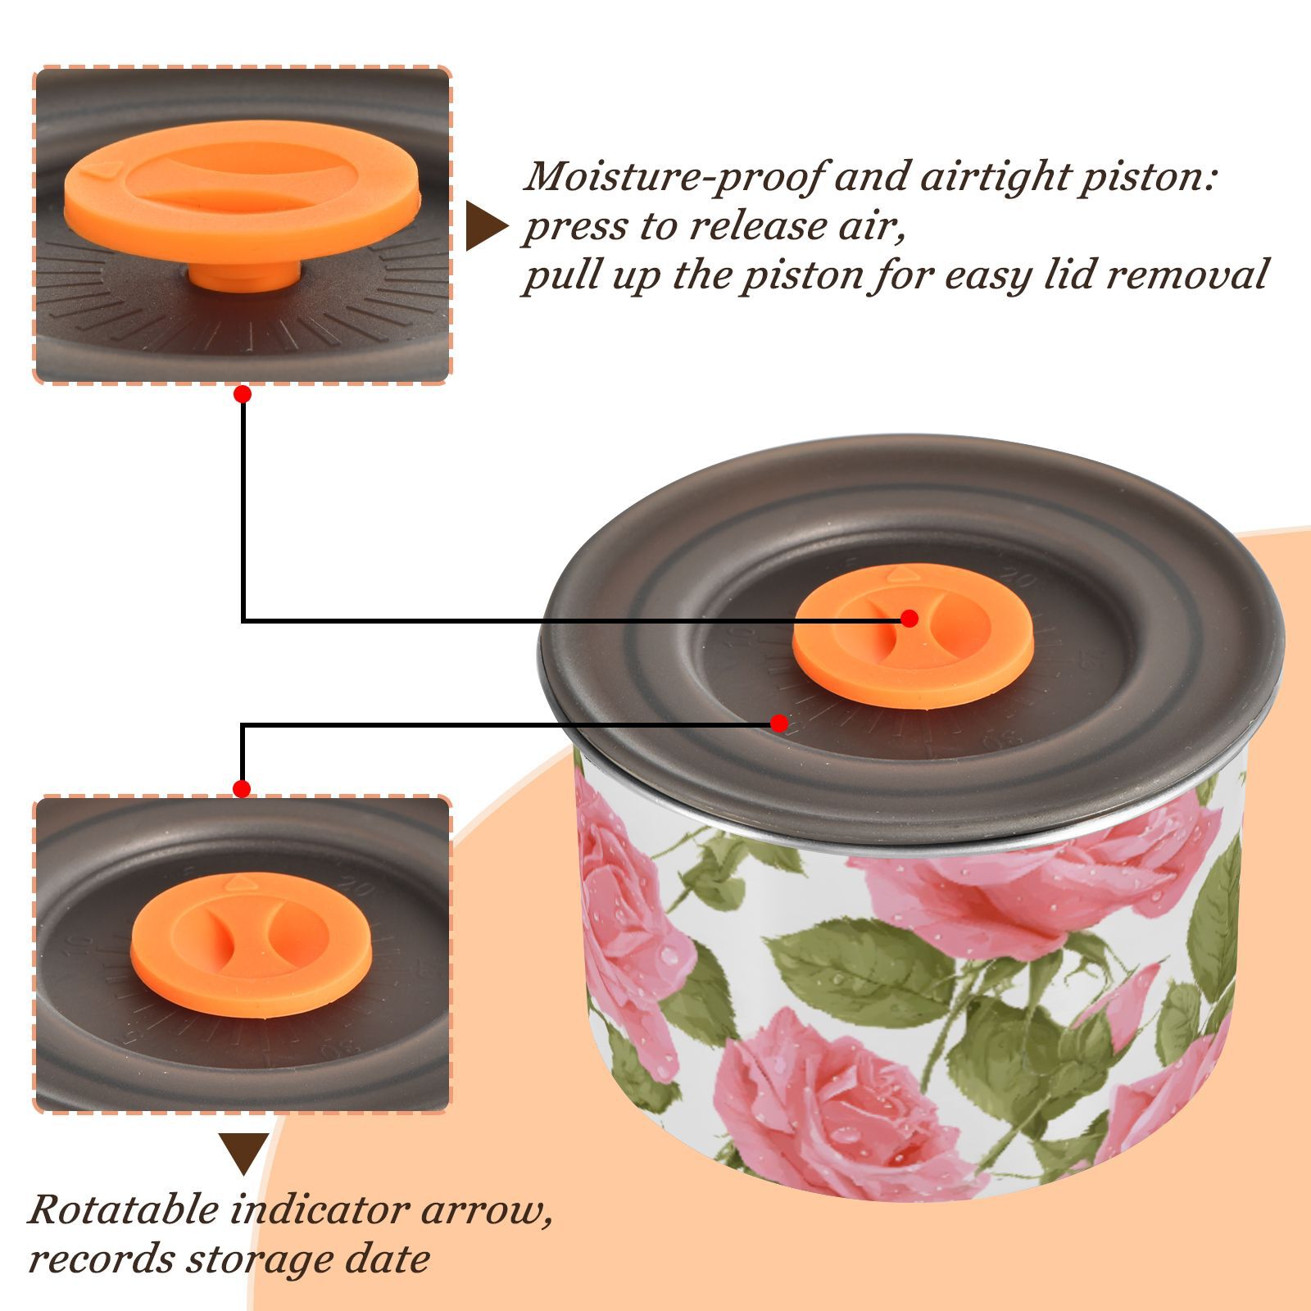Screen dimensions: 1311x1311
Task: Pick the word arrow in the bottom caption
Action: pyautogui.click(x=487, y=1210)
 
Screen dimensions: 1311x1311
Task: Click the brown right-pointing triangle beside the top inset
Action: pyautogui.click(x=486, y=226)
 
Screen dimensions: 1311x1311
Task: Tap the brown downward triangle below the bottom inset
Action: pyautogui.click(x=243, y=1154)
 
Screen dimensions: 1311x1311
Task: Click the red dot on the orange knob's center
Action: pyautogui.click(x=910, y=619)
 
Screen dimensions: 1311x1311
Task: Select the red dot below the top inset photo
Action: pyautogui.click(x=242, y=394)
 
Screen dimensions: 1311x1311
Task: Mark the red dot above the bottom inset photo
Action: pyautogui.click(x=242, y=789)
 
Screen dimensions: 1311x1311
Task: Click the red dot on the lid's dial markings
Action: pyautogui.click(x=779, y=724)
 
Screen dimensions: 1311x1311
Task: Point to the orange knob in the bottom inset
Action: pyautogui.click(x=251, y=945)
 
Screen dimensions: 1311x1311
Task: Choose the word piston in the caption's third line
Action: pyautogui.click(x=793, y=275)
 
